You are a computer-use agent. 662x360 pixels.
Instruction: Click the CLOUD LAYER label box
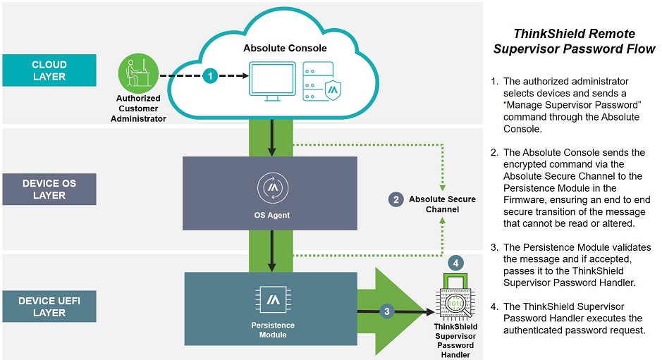tap(49, 70)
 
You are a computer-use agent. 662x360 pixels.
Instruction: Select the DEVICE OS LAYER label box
tap(49, 190)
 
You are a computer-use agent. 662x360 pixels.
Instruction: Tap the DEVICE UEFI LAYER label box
tap(49, 307)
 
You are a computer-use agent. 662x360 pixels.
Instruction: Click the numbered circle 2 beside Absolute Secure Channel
tap(396, 199)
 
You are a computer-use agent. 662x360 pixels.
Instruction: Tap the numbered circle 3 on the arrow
tap(386, 310)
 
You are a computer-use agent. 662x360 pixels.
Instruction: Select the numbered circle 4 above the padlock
tap(456, 263)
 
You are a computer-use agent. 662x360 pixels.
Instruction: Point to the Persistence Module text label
tap(272, 330)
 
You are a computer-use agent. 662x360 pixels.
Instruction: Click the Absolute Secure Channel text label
tap(441, 204)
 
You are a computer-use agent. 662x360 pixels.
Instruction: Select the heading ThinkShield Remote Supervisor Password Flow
tap(574, 42)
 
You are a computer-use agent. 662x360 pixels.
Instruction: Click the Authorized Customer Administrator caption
tap(138, 108)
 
